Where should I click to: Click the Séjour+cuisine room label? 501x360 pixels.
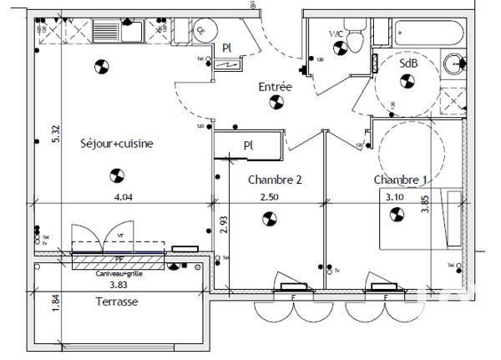[x=117, y=144]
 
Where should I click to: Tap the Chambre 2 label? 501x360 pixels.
[x=274, y=180]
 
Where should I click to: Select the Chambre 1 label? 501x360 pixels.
[x=400, y=180]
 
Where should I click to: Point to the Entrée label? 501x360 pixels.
[x=275, y=87]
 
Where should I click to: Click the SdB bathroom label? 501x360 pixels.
[x=408, y=63]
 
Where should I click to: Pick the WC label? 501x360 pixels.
[x=337, y=34]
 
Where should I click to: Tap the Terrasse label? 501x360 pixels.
[x=116, y=302]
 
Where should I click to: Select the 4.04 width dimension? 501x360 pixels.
[x=123, y=197]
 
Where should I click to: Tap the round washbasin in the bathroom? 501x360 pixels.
[x=454, y=61]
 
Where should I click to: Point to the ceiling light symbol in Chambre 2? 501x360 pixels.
[x=268, y=219]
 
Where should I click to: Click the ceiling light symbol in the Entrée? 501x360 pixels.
[x=274, y=104]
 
